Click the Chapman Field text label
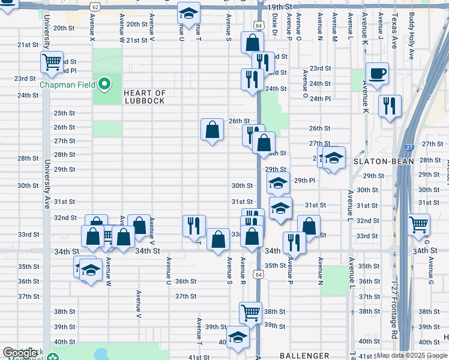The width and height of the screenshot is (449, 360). (x=67, y=85)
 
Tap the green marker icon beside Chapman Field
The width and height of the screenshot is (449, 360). (x=105, y=84)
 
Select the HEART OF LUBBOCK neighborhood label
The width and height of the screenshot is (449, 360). (x=145, y=97)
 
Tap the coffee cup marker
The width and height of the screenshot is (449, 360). (x=377, y=74)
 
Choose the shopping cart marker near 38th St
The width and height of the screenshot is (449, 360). (x=250, y=312)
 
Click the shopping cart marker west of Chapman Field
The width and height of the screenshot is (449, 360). (x=52, y=61)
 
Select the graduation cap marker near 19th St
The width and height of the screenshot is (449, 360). (x=188, y=14)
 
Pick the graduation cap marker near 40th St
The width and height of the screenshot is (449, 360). (x=238, y=337)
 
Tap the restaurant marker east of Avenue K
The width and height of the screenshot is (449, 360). (x=390, y=106)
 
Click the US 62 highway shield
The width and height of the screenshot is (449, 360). (x=95, y=5)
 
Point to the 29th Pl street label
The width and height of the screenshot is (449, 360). (x=304, y=181)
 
